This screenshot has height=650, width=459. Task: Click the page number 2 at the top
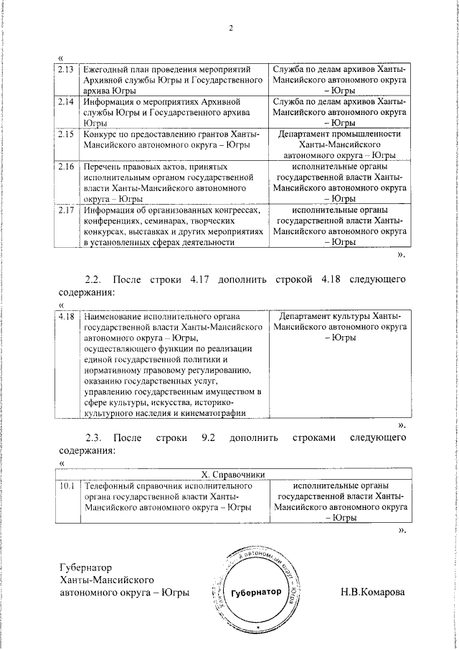click(231, 28)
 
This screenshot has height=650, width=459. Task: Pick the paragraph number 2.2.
click(95, 278)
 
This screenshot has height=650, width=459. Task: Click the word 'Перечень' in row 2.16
click(102, 166)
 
